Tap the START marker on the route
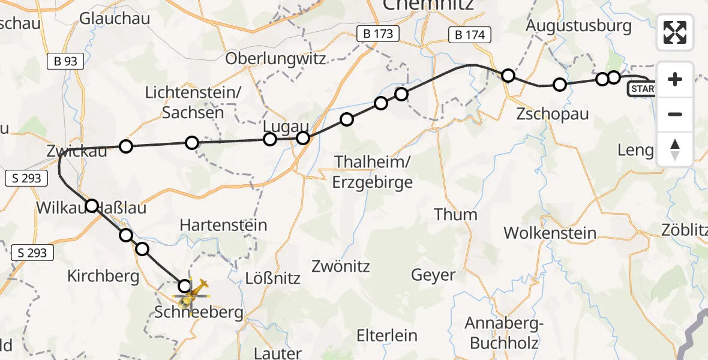(642, 89)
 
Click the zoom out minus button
(675, 114)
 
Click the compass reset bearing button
(675, 149)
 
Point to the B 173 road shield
(378, 34)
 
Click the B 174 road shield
(469, 35)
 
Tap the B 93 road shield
(65, 61)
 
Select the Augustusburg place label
(579, 26)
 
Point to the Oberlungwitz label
(276, 59)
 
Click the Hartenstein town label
(223, 226)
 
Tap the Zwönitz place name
(341, 266)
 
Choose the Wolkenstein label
(550, 233)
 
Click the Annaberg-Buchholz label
(504, 333)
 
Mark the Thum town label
(456, 214)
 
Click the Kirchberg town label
(103, 277)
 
